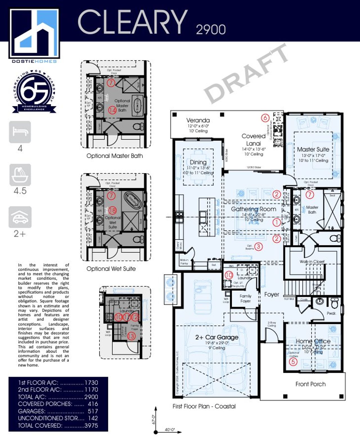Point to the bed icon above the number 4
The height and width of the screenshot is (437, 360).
20,132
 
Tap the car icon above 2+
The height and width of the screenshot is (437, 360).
20,217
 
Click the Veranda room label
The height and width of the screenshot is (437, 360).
198,120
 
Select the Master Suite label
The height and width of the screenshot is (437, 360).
313,149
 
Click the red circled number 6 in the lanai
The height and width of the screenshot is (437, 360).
265,118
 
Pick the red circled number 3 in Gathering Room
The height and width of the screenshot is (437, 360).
258,247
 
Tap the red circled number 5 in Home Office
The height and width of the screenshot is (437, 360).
293,361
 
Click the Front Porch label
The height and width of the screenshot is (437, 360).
310,384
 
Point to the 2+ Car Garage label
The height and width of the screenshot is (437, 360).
217,337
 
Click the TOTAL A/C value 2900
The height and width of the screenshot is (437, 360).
91,397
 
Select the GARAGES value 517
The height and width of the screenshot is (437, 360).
93,411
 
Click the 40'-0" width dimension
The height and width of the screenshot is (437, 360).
170,430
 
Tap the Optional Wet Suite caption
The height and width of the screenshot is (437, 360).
111,269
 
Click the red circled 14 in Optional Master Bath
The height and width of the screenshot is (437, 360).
112,110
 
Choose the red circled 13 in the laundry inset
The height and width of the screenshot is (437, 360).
131,336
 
